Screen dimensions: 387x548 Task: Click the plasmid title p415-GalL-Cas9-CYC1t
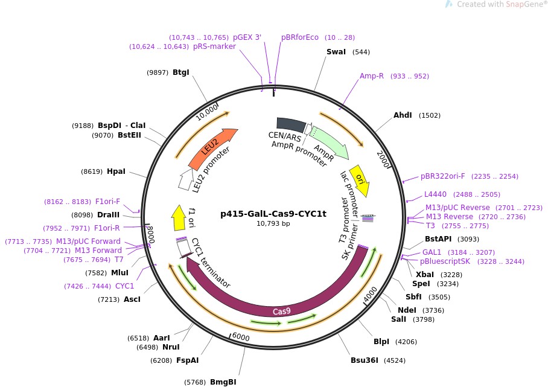pos(273,213)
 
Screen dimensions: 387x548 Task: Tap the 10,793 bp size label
pos(273,223)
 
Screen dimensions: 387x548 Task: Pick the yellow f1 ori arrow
pos(179,218)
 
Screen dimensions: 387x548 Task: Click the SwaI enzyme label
pos(336,52)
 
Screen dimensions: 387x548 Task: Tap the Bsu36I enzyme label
pos(365,360)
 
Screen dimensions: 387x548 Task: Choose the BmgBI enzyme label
pos(223,382)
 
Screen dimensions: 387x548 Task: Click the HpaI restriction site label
pos(116,171)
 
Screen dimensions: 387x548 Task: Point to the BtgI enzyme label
pos(181,72)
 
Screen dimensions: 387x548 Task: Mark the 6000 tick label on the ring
pos(240,337)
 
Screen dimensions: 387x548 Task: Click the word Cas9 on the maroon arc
pos(282,312)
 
